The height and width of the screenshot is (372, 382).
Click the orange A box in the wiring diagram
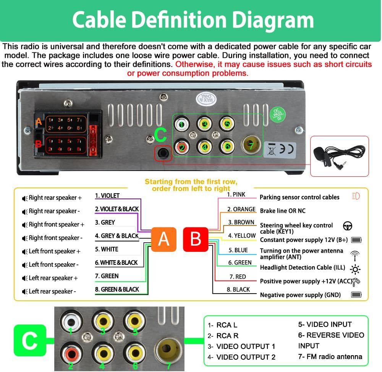click(164, 239)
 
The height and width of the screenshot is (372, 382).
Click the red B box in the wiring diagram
click(196, 239)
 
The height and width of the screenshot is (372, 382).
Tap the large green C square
click(30, 340)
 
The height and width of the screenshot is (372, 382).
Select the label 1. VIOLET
click(107, 196)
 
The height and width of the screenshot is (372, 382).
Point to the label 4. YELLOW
click(242, 235)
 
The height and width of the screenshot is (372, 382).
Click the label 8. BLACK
click(238, 289)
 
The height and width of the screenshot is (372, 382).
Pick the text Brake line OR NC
click(283, 210)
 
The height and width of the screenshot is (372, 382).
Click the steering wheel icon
click(347, 226)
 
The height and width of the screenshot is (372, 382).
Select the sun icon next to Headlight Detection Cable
click(355, 269)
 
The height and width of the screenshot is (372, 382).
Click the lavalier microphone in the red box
click(339, 156)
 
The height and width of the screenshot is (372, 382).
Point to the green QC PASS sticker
click(277, 114)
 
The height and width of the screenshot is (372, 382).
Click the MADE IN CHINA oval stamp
click(206, 99)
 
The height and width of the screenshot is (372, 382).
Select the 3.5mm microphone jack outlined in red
click(163, 153)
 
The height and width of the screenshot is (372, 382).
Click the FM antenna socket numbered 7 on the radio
click(251, 145)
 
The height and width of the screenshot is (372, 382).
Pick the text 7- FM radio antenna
click(330, 357)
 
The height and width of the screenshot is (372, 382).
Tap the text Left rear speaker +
click(53, 278)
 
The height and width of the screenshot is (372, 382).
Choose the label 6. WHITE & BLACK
click(116, 263)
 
